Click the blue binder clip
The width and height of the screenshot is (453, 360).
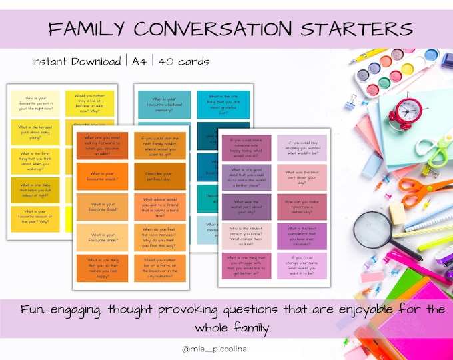351,101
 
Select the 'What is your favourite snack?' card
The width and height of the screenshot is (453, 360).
103,178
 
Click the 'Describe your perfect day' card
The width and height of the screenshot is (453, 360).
160,178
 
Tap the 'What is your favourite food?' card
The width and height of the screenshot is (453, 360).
103,207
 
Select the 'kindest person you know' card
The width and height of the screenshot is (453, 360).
246,236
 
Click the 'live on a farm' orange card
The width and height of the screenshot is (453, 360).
160,267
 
